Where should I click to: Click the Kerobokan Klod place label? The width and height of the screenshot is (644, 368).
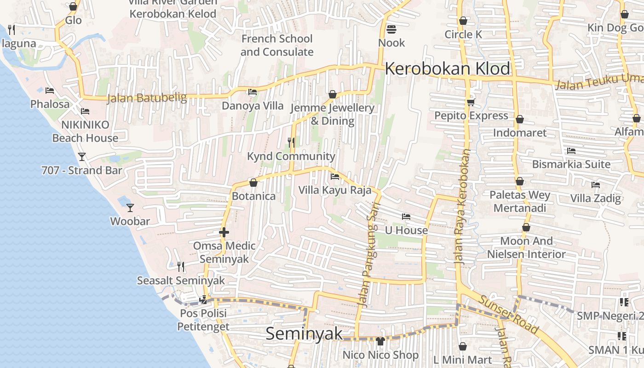tap(447, 69)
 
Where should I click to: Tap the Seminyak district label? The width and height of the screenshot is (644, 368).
tap(305, 333)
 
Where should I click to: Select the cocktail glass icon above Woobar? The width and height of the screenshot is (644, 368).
tap(130, 207)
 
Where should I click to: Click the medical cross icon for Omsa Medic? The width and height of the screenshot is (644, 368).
tap(224, 232)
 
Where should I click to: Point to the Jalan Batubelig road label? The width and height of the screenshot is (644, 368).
tap(147, 98)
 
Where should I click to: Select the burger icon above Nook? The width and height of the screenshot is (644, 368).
tap(391, 29)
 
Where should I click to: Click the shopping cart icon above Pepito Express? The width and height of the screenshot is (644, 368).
tap(471, 102)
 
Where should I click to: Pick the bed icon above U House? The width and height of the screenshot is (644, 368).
tap(406, 217)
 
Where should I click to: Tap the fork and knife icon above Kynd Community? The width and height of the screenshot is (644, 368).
tap(291, 143)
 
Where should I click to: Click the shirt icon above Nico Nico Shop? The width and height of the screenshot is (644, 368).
tap(380, 341)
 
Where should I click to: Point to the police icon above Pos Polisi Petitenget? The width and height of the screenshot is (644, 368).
tap(203, 300)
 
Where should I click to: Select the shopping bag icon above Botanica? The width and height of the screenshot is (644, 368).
tap(253, 183)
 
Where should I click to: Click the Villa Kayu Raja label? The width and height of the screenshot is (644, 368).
tap(334, 190)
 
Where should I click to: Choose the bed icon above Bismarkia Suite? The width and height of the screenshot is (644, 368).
tap(571, 151)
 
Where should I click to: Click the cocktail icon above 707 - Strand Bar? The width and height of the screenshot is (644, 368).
tap(82, 157)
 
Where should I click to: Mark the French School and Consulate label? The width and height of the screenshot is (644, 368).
tap(277, 45)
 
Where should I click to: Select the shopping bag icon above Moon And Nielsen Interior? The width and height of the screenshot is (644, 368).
tap(526, 228)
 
